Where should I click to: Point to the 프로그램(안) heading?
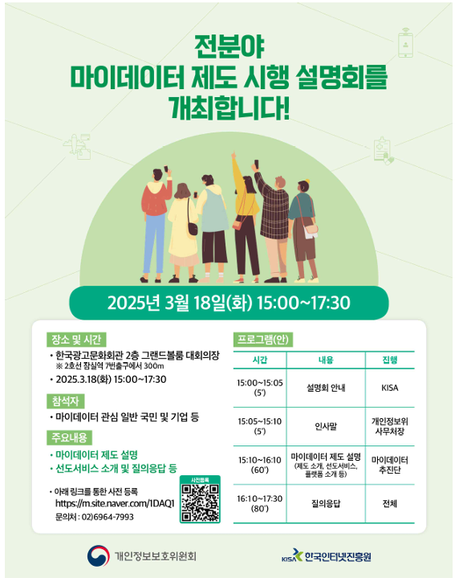tap(261, 340)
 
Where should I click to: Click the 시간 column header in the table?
tap(259, 360)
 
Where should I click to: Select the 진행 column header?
tap(390, 360)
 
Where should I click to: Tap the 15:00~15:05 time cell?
tap(259, 388)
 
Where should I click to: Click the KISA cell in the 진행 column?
tap(390, 388)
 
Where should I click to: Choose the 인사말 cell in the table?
tap(325, 425)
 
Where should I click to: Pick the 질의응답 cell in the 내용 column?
tap(325, 503)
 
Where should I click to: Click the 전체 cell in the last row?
tap(390, 503)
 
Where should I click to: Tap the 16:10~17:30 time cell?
tap(259, 503)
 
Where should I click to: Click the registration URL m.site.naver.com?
tap(115, 503)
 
